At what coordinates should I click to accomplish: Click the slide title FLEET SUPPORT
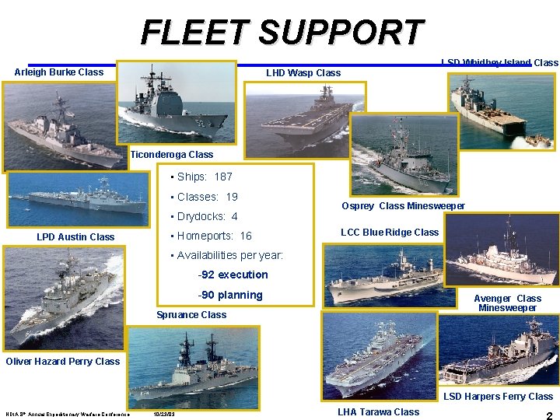[x=282, y=33]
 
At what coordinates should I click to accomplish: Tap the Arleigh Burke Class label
[x=59, y=72]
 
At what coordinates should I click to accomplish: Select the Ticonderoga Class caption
[x=172, y=155]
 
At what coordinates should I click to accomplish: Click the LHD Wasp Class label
[x=303, y=73]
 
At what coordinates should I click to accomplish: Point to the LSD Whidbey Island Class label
[x=499, y=62]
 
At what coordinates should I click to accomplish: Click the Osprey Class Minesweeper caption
[x=403, y=206]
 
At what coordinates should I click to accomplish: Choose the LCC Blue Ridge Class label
[x=390, y=233]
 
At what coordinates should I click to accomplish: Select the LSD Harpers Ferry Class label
[x=498, y=397]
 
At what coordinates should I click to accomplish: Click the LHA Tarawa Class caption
[x=378, y=412]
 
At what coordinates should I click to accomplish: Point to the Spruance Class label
[x=191, y=315]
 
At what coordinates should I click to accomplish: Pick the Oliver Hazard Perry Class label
[x=63, y=361]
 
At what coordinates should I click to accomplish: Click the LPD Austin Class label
[x=75, y=237]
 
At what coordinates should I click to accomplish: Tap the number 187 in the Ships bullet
[x=223, y=177]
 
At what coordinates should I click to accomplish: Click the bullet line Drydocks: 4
[x=207, y=217]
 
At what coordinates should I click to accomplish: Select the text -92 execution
[x=233, y=275]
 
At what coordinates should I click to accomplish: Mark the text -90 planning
[x=230, y=295]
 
